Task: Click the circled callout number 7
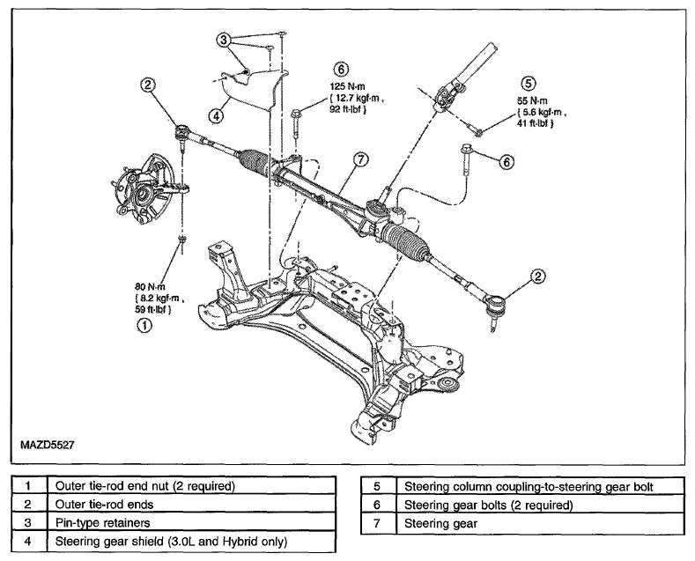(361, 159)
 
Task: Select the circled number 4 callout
(216, 116)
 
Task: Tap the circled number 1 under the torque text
(144, 326)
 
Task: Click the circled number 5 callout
(529, 84)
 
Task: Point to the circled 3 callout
(224, 41)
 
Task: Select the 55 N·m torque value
(532, 101)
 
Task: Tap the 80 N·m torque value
(150, 287)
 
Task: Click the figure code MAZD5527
(48, 445)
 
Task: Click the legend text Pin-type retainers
(102, 523)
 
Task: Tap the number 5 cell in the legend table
(378, 486)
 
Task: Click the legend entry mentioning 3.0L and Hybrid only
(171, 542)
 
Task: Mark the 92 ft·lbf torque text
(348, 109)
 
